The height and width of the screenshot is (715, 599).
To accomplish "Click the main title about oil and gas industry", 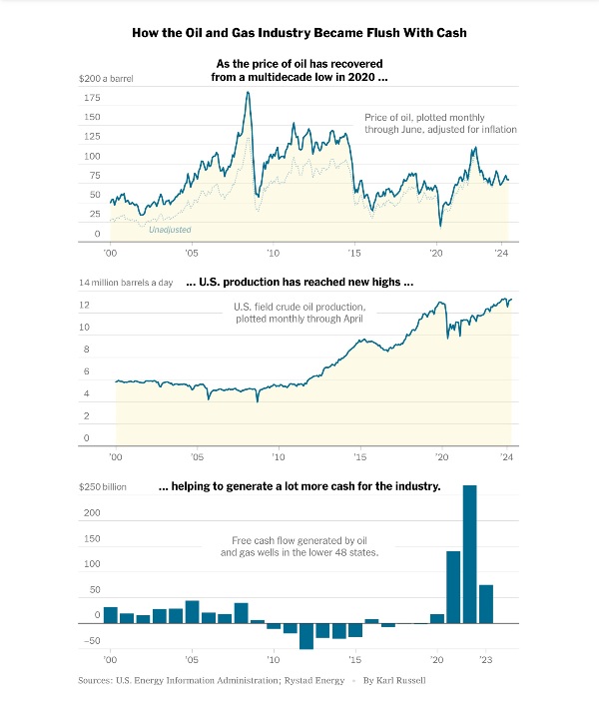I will pos(299,33).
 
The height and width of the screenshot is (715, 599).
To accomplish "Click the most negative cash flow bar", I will pos(306,636).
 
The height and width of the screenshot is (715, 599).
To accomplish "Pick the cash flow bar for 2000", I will pos(111,614).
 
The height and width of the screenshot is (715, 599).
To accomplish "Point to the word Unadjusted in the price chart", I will pos(170,230).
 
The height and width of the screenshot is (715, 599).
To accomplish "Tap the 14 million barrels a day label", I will pos(126,283).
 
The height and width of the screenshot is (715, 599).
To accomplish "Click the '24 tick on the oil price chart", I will pos(503,254).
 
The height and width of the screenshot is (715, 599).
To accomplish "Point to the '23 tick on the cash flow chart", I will pos(486,660).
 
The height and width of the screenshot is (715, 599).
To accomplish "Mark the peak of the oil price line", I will pos(248,93).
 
